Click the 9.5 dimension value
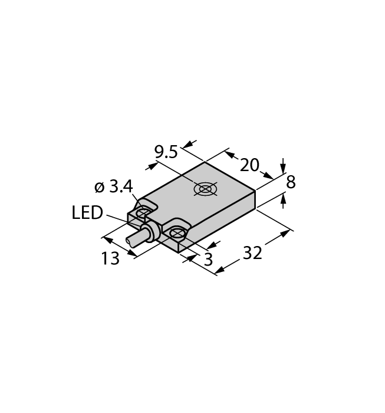[166, 152]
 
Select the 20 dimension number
[250, 165]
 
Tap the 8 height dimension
[291, 182]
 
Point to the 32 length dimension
[252, 253]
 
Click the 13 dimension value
[110, 258]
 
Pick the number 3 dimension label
[208, 260]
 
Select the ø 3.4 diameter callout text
[114, 187]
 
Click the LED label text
[87, 213]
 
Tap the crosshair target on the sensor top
[206, 189]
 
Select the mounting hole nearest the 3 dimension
[177, 233]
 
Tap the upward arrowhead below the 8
[283, 198]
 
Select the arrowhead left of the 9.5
[152, 166]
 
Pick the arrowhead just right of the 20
[267, 175]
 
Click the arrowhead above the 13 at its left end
[108, 240]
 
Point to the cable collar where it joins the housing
[152, 231]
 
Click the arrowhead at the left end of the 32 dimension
[221, 270]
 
